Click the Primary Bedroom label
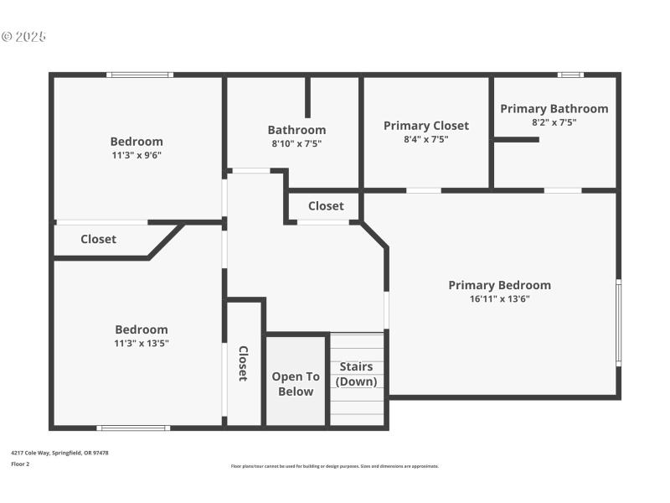499,285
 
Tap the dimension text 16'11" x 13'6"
499,298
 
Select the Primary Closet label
425,126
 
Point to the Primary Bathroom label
554,109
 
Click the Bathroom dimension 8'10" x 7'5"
296,143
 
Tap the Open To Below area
296,384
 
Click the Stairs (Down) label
356,374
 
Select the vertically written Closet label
243,363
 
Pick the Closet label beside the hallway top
326,206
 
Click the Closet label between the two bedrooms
98,239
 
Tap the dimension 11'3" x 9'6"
137,155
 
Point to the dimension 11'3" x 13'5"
142,343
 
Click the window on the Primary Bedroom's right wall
619,322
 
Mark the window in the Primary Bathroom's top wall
570,75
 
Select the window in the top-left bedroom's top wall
140,75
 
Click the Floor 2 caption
20,464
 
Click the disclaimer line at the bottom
334,466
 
